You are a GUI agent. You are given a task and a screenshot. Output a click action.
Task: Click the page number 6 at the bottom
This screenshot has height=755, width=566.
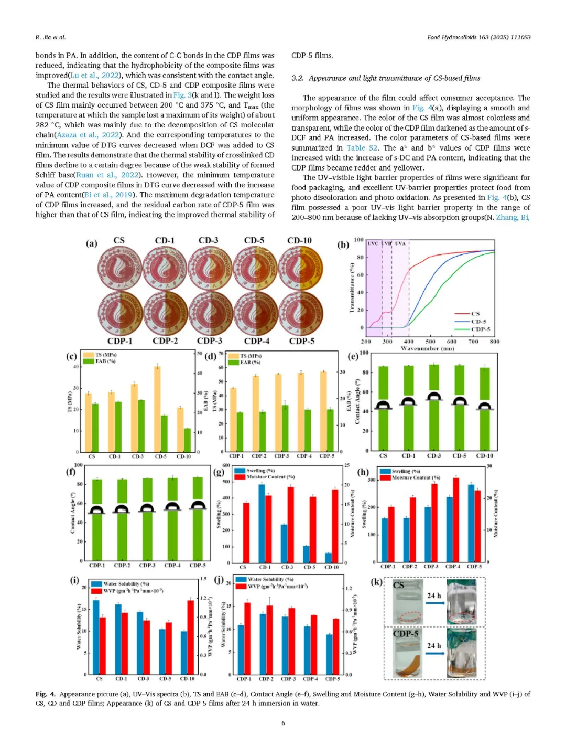[283, 723]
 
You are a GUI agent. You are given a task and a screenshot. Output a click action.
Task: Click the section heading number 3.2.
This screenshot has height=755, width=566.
[298, 78]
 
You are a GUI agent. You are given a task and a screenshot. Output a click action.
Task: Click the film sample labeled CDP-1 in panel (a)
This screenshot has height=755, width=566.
[120, 313]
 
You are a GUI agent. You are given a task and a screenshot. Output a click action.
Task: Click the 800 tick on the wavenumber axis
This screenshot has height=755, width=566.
[494, 342]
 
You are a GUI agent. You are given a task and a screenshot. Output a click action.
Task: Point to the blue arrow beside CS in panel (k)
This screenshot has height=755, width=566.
[435, 603]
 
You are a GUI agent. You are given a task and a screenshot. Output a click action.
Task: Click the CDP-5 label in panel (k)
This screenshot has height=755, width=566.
[406, 634]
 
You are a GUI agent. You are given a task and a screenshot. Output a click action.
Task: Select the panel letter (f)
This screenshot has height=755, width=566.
[71, 471]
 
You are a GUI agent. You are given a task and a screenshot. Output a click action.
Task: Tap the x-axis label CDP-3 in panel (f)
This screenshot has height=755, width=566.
[147, 566]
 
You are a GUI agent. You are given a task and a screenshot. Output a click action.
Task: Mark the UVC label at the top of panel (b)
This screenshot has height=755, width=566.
[373, 243]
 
